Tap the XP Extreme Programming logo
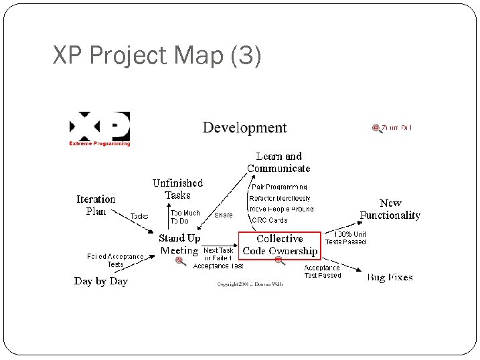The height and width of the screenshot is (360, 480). (100, 128)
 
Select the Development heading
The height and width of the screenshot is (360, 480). (244, 128)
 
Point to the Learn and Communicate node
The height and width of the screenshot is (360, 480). (278, 162)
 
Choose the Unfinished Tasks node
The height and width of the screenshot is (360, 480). (177, 189)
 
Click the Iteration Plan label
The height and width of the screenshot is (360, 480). (96, 205)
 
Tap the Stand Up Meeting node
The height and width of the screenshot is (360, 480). (179, 244)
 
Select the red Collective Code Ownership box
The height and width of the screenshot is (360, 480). (279, 245)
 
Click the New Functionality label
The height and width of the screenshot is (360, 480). (390, 209)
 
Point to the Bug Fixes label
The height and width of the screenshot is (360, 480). (390, 277)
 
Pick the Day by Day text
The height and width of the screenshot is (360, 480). (100, 281)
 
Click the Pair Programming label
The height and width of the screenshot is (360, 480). (279, 187)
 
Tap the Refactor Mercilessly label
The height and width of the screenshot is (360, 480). (280, 198)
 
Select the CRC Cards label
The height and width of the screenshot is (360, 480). (268, 220)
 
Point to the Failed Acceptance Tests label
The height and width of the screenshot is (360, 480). (116, 260)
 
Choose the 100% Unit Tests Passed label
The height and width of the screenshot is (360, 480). (345, 238)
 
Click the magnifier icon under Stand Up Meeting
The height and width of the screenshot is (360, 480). (180, 262)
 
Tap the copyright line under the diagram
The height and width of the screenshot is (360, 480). (250, 284)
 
